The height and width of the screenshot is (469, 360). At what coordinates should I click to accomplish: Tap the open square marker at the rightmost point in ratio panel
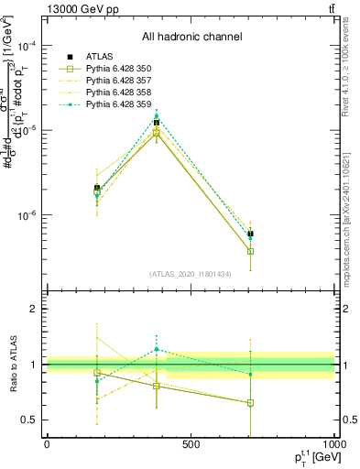(250, 402)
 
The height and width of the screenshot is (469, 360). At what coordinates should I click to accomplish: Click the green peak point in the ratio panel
(157, 349)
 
